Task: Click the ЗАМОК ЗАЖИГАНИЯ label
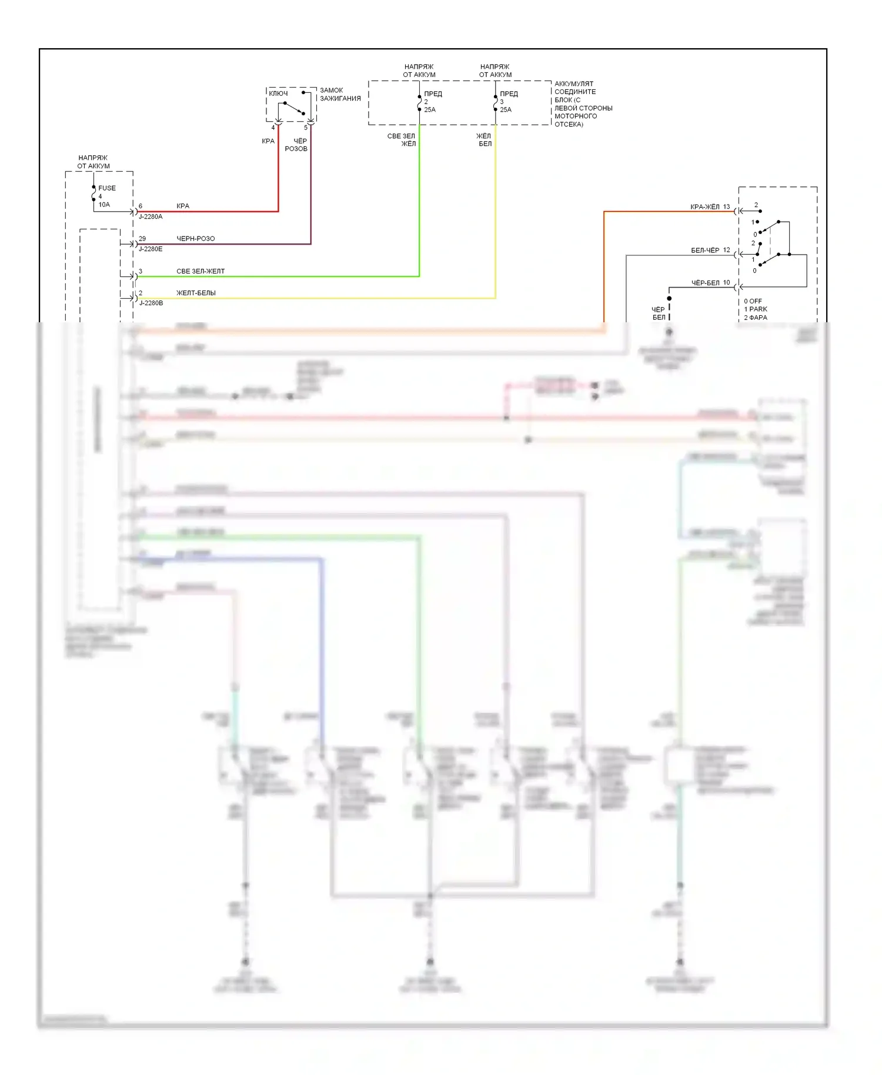340,94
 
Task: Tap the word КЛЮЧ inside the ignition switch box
278,94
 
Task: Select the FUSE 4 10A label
106,196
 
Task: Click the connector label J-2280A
151,216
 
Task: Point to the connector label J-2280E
151,249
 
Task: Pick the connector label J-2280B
151,303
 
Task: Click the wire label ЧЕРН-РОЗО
195,238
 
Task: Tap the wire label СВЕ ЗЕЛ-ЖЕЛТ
200,271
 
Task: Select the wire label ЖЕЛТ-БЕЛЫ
196,293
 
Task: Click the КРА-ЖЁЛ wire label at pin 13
704,206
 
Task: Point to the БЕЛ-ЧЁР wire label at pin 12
704,250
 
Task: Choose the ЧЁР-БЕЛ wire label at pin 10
705,283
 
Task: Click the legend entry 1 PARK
755,309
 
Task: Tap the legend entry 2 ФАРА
755,318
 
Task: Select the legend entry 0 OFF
753,301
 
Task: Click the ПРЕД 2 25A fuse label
432,102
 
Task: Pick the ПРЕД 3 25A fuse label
508,102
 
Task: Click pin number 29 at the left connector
142,238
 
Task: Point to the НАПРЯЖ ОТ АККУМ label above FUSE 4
93,162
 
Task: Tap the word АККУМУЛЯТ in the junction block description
573,84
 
